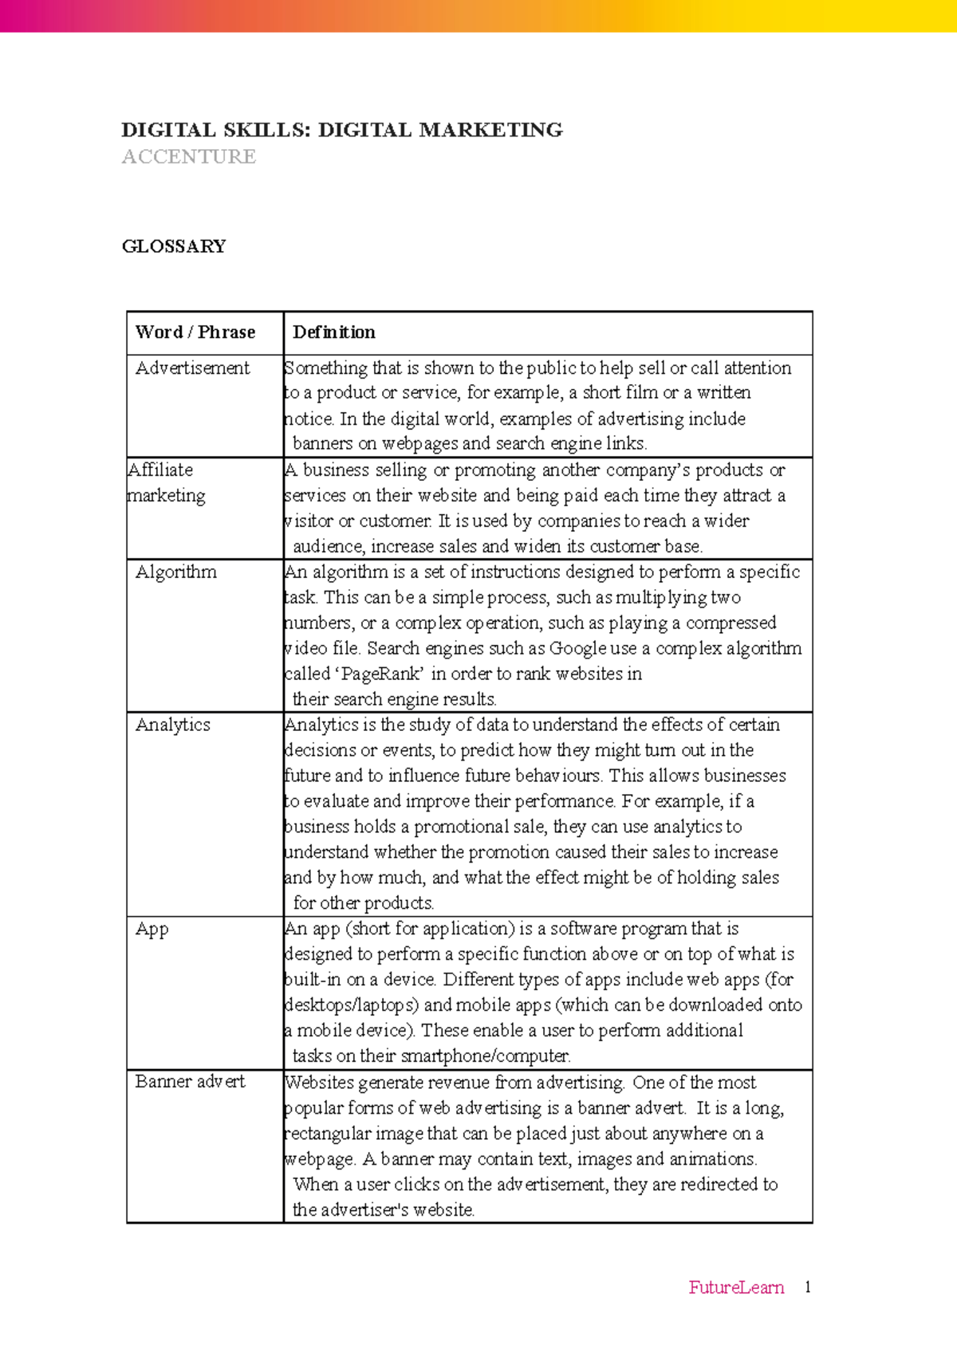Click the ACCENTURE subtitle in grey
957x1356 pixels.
(189, 157)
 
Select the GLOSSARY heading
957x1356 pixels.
(174, 246)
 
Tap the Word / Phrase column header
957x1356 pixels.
(195, 332)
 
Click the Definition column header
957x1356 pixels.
(334, 332)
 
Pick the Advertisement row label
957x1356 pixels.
(192, 368)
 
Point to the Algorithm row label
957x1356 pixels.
(176, 572)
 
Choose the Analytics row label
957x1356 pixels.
(173, 725)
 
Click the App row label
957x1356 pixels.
(152, 930)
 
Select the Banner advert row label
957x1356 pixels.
(191, 1082)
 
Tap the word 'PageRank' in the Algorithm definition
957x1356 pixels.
(382, 674)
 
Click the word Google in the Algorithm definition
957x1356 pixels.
(577, 649)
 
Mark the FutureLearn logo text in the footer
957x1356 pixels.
(736, 1287)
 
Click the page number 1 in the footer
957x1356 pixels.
(807, 1287)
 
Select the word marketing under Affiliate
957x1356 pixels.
(167, 496)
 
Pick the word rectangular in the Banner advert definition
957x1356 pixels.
(328, 1134)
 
